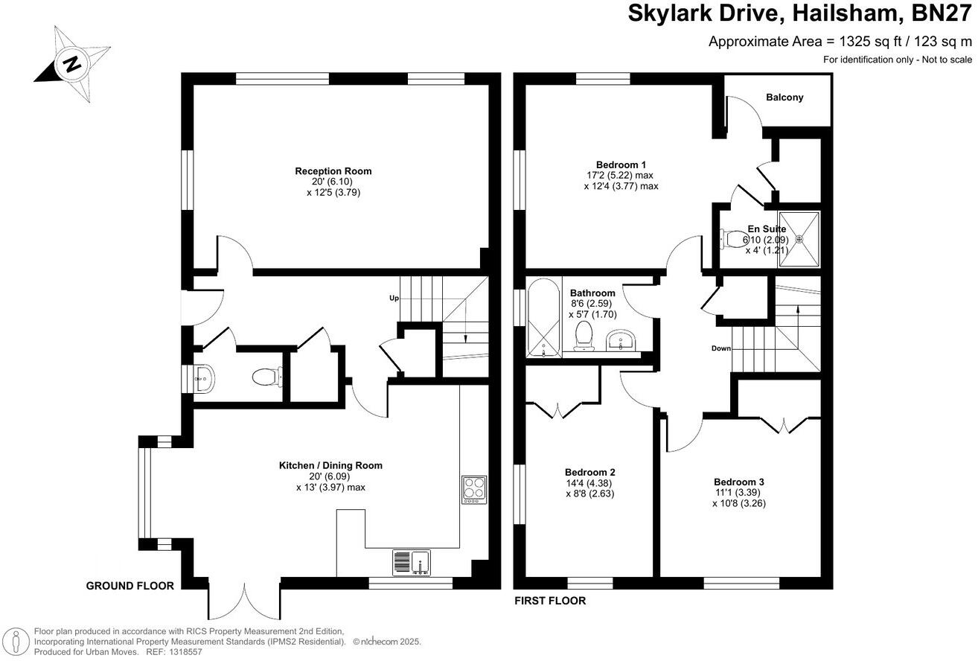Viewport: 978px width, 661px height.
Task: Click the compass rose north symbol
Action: pos(71,64)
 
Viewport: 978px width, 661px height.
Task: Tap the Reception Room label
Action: pos(333,171)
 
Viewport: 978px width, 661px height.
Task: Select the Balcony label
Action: pos(784,98)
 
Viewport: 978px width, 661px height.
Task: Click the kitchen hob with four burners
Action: pos(473,490)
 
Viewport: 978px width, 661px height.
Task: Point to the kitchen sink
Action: pos(412,563)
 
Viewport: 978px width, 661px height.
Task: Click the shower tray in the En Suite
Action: pos(799,239)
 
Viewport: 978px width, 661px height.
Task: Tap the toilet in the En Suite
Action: pos(734,239)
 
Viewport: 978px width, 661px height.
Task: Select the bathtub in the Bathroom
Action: pos(542,319)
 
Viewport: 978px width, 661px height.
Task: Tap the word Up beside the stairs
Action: pos(394,298)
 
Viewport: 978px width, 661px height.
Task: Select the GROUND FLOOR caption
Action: pos(130,586)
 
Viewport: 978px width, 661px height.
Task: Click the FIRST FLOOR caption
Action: pos(550,601)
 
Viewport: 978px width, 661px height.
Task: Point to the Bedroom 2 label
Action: pos(589,472)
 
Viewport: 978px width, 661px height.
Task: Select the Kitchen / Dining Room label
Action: pos(330,465)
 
